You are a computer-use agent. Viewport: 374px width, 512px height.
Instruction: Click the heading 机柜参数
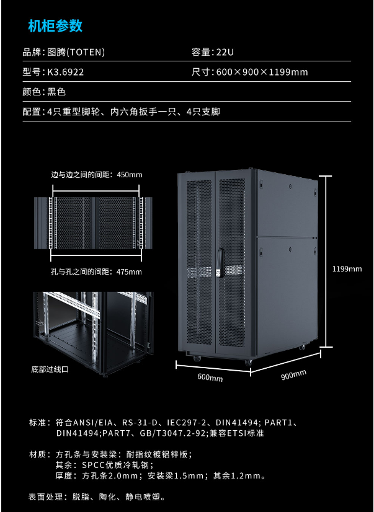pyautogui.click(x=55, y=26)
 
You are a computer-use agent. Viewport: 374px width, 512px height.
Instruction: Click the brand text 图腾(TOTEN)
pyautogui.click(x=76, y=52)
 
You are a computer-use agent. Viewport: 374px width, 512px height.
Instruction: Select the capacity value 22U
pyautogui.click(x=225, y=52)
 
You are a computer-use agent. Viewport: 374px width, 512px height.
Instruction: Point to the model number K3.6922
pyautogui.click(x=66, y=72)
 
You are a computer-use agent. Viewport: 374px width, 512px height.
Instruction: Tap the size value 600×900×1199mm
pyautogui.click(x=262, y=72)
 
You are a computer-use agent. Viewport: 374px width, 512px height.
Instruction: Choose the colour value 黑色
pyautogui.click(x=56, y=92)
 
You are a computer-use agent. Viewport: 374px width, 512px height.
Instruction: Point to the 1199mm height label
pyautogui.click(x=347, y=269)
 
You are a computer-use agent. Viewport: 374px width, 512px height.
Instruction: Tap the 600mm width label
pyautogui.click(x=210, y=377)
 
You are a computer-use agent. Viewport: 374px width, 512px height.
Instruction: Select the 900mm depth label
pyautogui.click(x=293, y=375)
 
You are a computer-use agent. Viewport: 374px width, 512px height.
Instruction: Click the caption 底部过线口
pyautogui.click(x=50, y=369)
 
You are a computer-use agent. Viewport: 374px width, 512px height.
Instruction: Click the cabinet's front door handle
pyautogui.click(x=221, y=263)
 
